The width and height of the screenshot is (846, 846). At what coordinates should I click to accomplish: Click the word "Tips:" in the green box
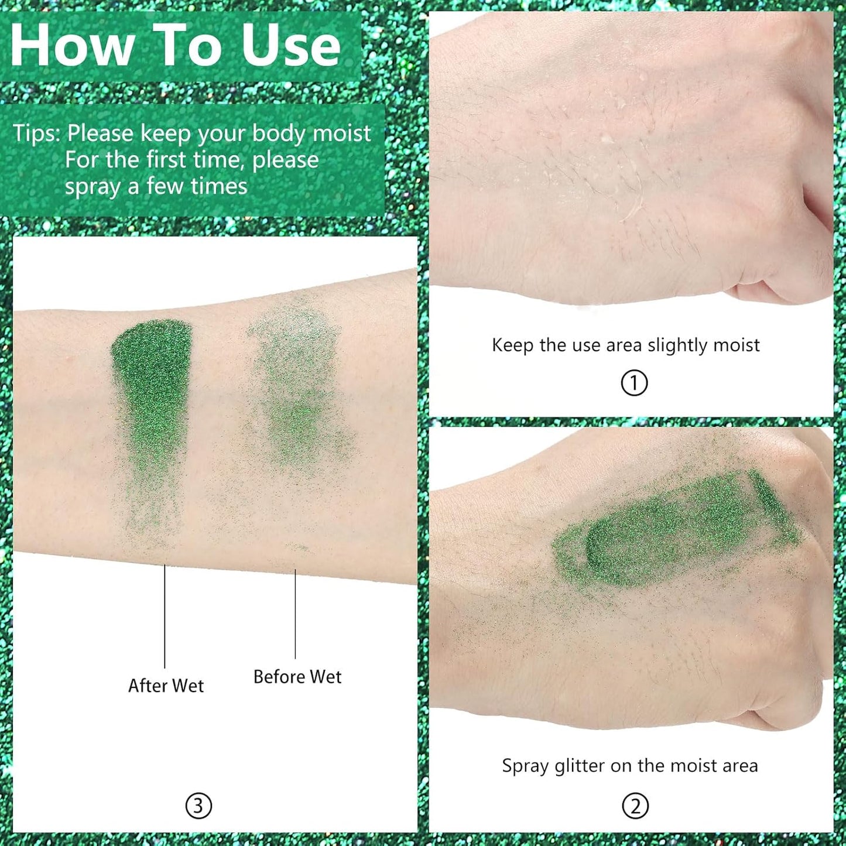[36, 133]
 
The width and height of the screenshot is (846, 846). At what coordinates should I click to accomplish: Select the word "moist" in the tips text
[341, 133]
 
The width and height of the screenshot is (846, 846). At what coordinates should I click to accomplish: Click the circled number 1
[634, 383]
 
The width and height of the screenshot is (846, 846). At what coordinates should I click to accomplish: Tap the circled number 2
[635, 806]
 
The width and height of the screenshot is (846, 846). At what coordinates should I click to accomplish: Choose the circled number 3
[198, 806]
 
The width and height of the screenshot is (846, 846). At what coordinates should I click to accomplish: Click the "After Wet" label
[166, 686]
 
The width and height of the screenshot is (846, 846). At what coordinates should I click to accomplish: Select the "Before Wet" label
[297, 677]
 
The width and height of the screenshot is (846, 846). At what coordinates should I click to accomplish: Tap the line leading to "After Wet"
[165, 615]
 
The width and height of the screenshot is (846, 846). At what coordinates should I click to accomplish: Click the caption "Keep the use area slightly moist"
[625, 345]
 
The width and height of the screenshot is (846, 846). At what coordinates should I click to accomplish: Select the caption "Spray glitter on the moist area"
[629, 766]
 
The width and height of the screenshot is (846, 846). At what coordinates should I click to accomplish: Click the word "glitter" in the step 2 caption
[580, 766]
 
